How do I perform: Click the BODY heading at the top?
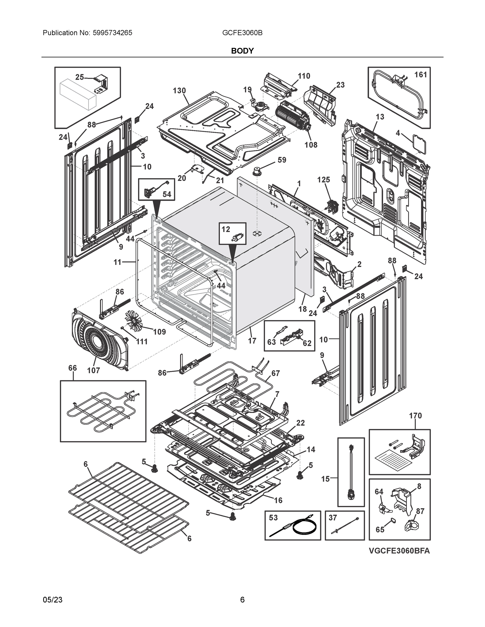(x=242, y=51)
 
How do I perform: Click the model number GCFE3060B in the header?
(x=242, y=33)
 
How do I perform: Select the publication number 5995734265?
(x=112, y=33)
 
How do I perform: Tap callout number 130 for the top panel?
(x=179, y=91)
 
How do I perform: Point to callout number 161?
(x=420, y=75)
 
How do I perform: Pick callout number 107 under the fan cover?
(x=93, y=370)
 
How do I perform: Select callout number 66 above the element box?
(x=73, y=368)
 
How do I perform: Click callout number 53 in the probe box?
(x=273, y=518)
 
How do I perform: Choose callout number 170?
(x=415, y=415)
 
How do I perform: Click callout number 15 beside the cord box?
(x=325, y=479)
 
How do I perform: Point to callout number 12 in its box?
(x=226, y=229)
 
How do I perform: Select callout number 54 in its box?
(x=167, y=194)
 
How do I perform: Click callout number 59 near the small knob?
(x=282, y=160)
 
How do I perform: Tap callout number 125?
(x=323, y=180)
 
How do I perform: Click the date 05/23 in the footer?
(x=53, y=600)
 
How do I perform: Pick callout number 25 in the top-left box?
(x=79, y=77)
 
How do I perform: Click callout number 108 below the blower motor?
(x=311, y=145)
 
